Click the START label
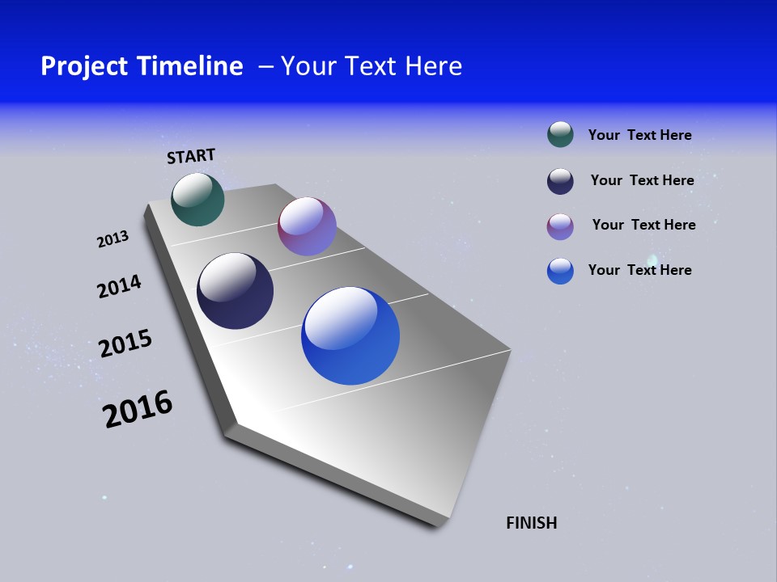point(191,156)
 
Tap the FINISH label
point(531,523)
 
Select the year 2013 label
point(113,238)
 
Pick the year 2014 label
point(119,286)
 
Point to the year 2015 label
point(125,344)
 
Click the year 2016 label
point(138,409)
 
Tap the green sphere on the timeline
point(197,199)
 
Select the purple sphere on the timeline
point(307,226)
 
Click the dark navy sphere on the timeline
point(235,291)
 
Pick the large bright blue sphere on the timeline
point(350,335)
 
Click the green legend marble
point(560,134)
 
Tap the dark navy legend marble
point(560,181)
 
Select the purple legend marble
point(560,226)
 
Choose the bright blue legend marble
point(560,271)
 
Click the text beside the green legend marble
point(639,135)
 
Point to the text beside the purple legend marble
point(643,225)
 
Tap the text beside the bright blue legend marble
point(639,270)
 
